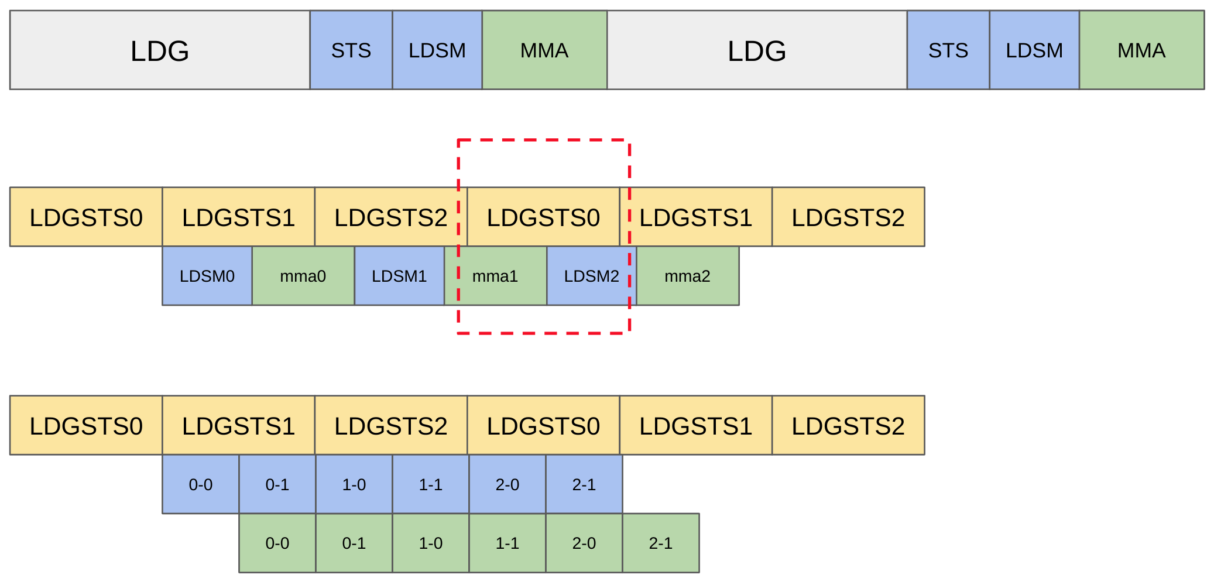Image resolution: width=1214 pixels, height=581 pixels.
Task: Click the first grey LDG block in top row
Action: (x=160, y=50)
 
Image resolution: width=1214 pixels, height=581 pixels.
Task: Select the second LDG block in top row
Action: (x=757, y=50)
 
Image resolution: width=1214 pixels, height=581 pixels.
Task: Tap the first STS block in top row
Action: (x=351, y=50)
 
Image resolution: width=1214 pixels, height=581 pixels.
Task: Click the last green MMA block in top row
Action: (x=1141, y=50)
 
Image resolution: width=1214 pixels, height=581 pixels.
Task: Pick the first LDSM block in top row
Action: (x=437, y=50)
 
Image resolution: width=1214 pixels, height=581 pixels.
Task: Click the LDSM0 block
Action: (x=207, y=276)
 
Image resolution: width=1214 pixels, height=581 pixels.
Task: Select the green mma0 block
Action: (x=303, y=276)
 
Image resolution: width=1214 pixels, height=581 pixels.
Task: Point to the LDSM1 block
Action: (x=399, y=276)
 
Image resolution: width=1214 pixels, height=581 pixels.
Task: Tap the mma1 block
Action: (x=495, y=276)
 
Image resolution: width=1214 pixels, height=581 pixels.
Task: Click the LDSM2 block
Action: (x=591, y=276)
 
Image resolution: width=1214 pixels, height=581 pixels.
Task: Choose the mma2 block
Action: (x=687, y=276)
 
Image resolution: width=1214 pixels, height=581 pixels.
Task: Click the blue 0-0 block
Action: (x=201, y=484)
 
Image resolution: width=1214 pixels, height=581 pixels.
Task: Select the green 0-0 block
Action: (x=277, y=543)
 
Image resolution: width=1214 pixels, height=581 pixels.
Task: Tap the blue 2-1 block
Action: (x=584, y=484)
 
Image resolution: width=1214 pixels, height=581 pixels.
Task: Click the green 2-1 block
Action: (x=661, y=543)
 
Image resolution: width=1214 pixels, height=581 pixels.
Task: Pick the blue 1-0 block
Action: (x=354, y=484)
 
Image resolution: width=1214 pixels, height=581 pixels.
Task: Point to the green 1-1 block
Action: (x=507, y=543)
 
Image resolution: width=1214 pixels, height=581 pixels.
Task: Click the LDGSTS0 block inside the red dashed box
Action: (x=543, y=217)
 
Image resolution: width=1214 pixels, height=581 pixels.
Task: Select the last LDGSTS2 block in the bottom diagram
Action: (x=848, y=426)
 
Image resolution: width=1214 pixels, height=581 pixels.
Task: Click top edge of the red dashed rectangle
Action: (x=543, y=140)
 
